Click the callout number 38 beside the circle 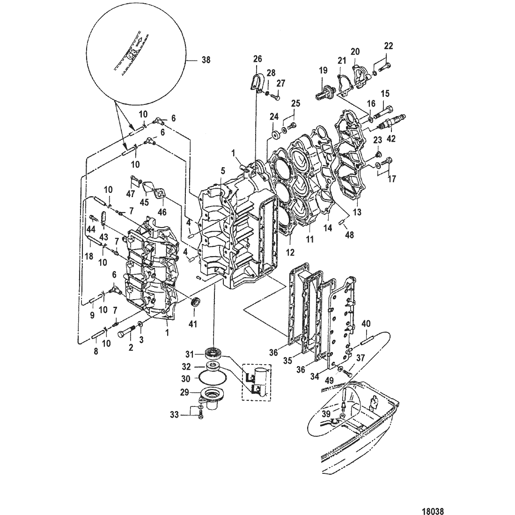pos(206,60)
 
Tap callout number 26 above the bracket pos(257,59)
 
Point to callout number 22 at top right pos(389,46)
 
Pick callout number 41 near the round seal pos(193,323)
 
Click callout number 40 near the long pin pos(366,324)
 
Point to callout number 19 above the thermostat pos(323,71)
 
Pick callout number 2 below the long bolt pos(131,347)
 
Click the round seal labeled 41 pos(195,301)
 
